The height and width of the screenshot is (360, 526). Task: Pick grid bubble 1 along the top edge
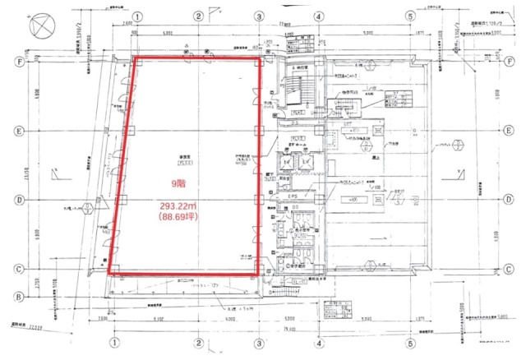click(138, 16)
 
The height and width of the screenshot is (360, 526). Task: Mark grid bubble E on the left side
click(16, 131)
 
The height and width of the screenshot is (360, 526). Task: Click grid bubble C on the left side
click(16, 269)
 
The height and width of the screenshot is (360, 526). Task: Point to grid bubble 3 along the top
click(259, 16)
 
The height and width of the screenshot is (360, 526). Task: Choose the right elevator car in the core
click(307, 165)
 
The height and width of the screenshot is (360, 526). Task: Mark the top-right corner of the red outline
click(261, 58)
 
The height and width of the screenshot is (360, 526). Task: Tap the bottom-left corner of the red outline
click(109, 274)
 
